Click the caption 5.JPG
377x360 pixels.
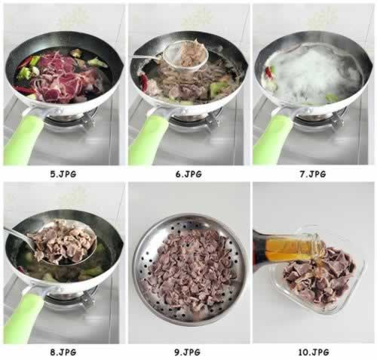point(63,174)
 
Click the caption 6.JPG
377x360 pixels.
point(188,174)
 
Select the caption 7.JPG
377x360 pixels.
point(313,174)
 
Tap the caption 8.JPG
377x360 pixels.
point(63,352)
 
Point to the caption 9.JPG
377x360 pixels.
point(188,352)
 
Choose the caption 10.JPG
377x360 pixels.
point(314,352)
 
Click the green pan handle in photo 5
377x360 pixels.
point(24,140)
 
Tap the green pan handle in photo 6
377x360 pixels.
point(149,140)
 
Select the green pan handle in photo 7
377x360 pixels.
point(273,140)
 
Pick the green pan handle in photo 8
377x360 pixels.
point(24,318)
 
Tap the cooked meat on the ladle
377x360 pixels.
point(63,242)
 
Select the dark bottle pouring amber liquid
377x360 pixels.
point(277,249)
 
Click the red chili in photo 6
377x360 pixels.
point(145,80)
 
